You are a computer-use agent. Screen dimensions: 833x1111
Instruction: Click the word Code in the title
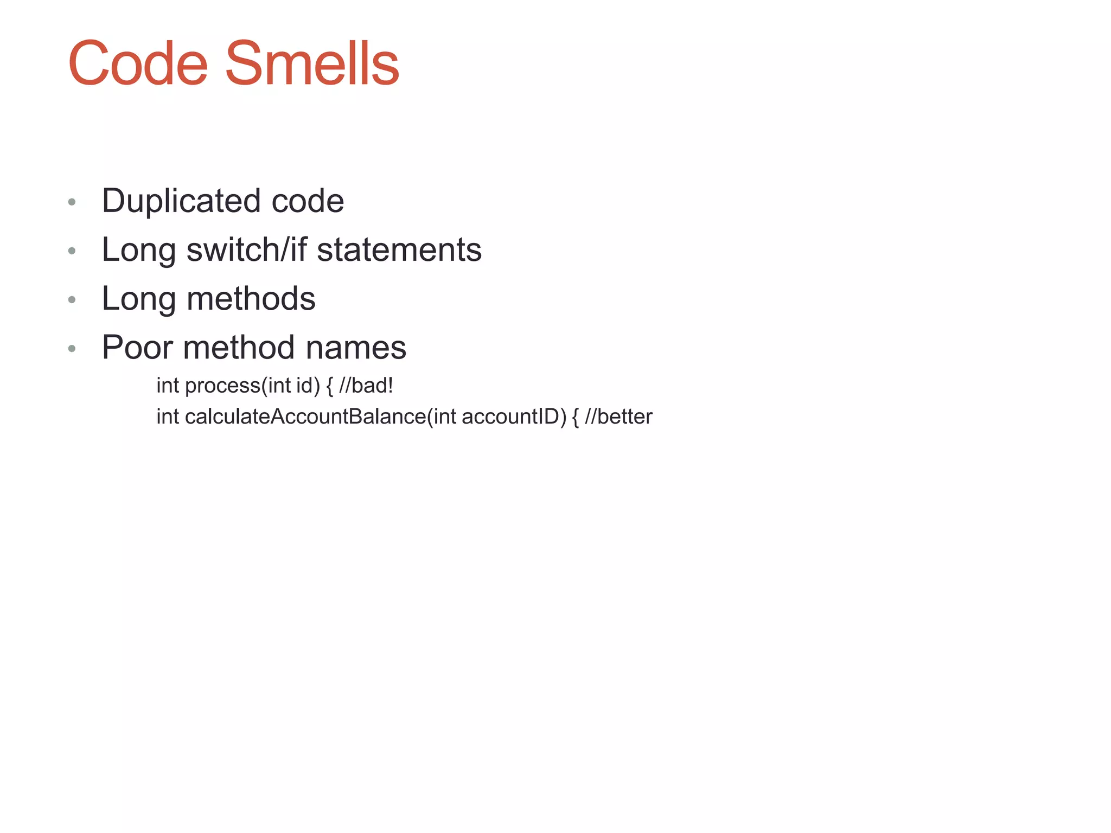(138, 64)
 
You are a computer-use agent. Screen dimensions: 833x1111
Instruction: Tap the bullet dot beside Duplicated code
(72, 202)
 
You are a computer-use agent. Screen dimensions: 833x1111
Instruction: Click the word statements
(399, 250)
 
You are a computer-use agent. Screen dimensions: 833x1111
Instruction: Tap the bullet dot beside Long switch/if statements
(72, 251)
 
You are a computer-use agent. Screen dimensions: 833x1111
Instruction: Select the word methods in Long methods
(251, 299)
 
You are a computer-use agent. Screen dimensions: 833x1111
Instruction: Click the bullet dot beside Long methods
(72, 300)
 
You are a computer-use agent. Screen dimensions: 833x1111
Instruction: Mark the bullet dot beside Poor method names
(72, 349)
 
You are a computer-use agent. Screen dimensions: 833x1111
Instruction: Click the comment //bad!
(366, 386)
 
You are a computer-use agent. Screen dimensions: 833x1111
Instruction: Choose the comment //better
(618, 416)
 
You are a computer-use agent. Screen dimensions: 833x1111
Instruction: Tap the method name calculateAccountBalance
(305, 416)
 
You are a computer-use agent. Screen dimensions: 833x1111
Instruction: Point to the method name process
(222, 386)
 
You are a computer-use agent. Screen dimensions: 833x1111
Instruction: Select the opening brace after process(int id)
(329, 386)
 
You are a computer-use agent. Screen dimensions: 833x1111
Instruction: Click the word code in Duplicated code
(308, 201)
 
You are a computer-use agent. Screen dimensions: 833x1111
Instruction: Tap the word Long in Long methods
(139, 299)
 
